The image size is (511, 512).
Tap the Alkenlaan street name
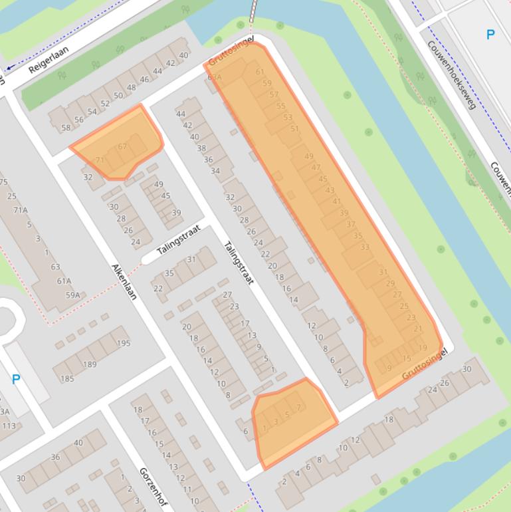124,281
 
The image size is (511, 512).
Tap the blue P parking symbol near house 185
16,380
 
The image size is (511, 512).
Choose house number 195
124,343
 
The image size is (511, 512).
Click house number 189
89,364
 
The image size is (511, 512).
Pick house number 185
67,379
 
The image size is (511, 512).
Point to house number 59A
72,295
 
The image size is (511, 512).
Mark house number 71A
20,210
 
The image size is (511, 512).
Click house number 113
9,426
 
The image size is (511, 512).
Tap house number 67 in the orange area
122,147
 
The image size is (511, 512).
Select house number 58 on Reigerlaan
66,128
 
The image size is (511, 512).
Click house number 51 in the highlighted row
295,129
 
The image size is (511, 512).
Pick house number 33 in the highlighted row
365,247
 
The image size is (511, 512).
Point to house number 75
3,182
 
